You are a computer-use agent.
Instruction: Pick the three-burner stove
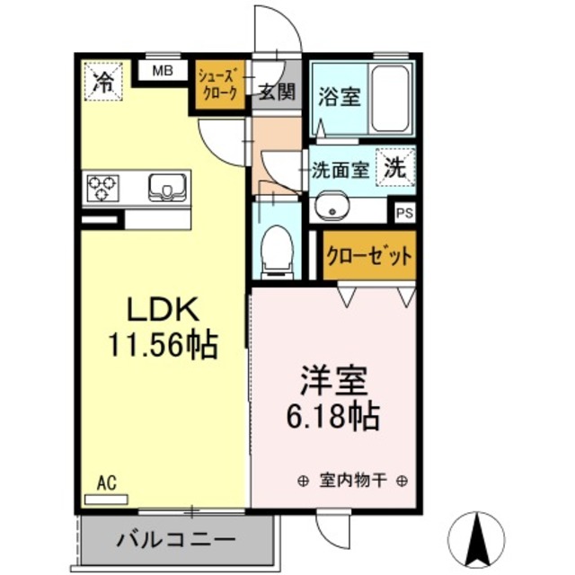point(102,188)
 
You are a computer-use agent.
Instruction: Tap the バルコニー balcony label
point(176,542)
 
